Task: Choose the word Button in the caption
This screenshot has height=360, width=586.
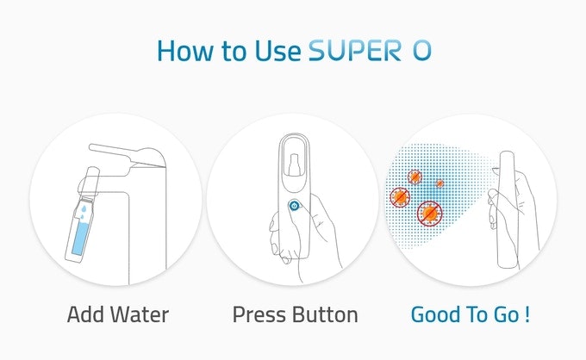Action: pos(326,314)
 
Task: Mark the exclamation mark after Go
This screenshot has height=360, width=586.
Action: pos(526,314)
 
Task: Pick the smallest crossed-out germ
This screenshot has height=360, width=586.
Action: pos(439,183)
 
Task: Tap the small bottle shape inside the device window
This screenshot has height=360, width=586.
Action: pos(293,164)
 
